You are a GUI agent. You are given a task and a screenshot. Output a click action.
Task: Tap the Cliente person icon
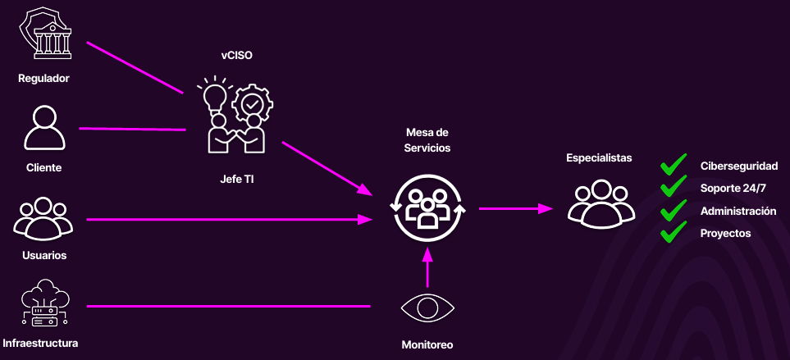(x=43, y=127)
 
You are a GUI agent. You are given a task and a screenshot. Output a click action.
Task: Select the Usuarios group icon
(x=43, y=219)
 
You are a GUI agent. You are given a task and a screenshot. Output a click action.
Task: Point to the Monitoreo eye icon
(x=427, y=308)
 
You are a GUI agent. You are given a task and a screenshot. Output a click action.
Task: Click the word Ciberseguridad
(x=738, y=166)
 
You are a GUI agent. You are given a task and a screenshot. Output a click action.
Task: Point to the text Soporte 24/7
(x=733, y=189)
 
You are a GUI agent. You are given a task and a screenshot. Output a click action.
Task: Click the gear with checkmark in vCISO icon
(x=250, y=104)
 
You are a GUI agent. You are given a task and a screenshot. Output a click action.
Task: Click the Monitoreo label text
(x=427, y=344)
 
